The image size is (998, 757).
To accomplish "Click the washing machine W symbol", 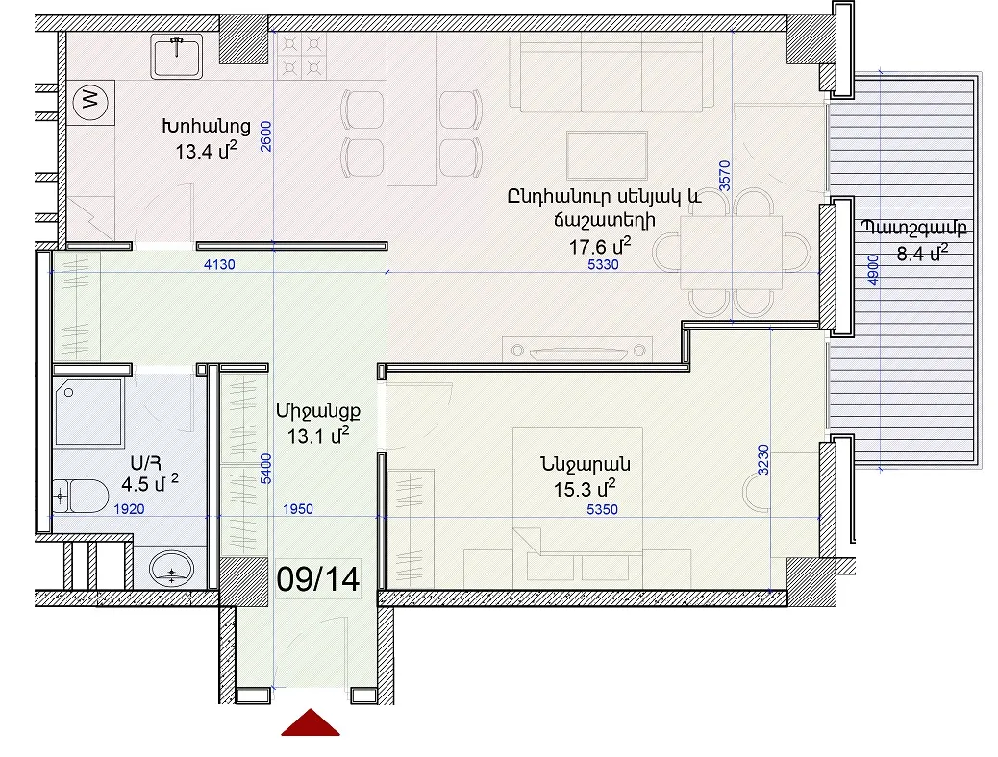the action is [90, 101].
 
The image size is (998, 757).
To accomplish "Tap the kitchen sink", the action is [176, 57].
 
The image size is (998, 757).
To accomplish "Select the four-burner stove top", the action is [302, 56].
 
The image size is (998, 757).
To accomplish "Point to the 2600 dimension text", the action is [266, 136].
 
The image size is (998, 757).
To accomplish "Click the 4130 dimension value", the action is [219, 264].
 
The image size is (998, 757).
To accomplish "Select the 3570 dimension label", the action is [724, 176].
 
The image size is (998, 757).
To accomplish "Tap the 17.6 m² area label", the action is [600, 245].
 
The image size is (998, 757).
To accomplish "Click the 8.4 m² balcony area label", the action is [922, 253].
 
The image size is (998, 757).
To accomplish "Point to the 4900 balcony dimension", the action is [873, 270].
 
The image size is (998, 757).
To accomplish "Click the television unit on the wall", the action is [577, 351].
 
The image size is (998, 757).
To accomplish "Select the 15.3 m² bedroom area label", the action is [585, 489].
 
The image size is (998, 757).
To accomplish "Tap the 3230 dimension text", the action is [763, 460].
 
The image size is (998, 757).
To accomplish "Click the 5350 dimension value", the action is [602, 509].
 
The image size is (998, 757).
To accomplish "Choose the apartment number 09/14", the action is [318, 579].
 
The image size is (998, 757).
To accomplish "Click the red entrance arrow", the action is [310, 722].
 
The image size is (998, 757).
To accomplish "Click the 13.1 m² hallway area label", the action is [317, 436].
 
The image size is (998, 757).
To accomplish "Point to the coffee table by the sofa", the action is [608, 156].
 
